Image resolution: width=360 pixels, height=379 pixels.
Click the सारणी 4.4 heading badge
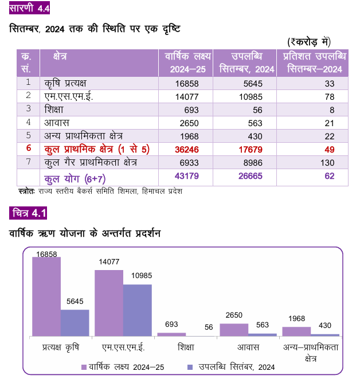[29, 7]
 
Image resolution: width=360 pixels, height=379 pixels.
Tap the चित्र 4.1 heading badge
[28, 213]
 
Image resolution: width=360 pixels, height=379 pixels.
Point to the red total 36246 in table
[187, 150]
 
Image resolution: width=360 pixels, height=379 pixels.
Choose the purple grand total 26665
[251, 176]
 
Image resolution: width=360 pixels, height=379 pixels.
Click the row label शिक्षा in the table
[54, 110]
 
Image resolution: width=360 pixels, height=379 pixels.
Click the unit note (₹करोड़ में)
[309, 42]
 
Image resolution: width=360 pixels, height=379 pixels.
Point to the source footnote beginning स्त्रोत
[100, 191]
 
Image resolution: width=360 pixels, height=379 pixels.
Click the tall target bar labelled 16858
[46, 296]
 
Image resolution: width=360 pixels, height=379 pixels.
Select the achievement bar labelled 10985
[138, 310]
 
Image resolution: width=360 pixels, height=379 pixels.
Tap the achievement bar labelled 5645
[75, 323]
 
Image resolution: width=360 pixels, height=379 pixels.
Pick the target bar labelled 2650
[234, 330]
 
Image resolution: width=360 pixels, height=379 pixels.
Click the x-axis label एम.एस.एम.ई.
[123, 347]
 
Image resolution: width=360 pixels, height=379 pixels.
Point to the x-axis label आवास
[248, 347]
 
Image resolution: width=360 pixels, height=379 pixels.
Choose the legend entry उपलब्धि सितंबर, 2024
[231, 367]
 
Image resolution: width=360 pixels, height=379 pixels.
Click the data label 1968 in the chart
[296, 319]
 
